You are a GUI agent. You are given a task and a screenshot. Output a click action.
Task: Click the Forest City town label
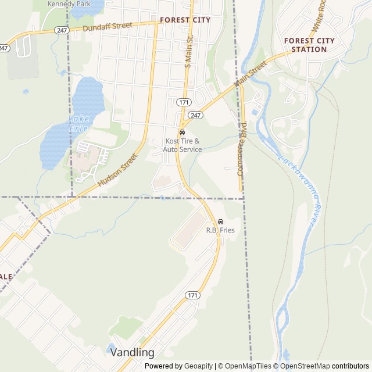pos(185,20)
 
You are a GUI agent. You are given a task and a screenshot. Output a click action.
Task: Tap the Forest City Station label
pos(309,45)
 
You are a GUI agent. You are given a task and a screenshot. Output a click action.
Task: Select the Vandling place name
pos(133,352)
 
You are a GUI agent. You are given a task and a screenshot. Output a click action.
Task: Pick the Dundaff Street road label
pos(108,27)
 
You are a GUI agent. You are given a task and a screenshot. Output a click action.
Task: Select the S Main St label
pos(188,53)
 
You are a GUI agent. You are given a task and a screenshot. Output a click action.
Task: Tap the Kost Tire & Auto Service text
pos(182,145)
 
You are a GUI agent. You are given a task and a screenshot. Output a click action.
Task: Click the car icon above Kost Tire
pos(183,132)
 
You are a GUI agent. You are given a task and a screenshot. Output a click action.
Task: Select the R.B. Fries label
pos(220,230)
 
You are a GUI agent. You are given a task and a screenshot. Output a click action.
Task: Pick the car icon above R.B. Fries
pos(220,221)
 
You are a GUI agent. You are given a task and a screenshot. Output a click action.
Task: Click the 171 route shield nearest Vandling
pos(193,295)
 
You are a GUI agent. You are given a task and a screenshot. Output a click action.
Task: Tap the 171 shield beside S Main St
pos(184,102)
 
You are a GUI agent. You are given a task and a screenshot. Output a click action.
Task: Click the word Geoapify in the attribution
pos(198,366)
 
